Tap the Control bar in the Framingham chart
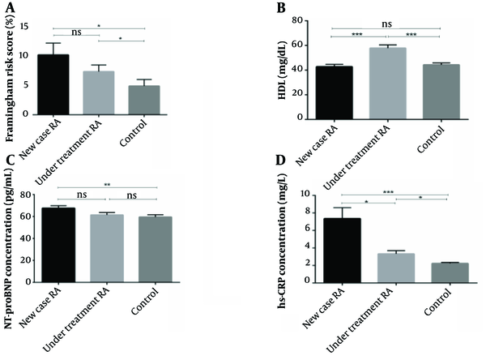pyautogui.click(x=143, y=100)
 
